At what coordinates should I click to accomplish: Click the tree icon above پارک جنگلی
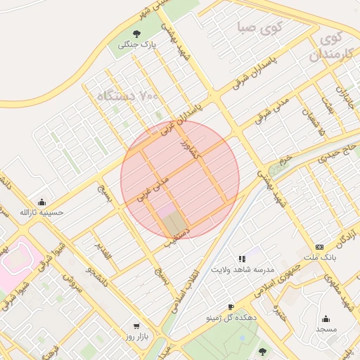tap(136, 34)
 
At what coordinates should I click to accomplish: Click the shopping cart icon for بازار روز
tap(136, 326)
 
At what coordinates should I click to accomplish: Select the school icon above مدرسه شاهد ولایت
tap(243, 259)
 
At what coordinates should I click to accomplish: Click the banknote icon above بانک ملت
tap(320, 247)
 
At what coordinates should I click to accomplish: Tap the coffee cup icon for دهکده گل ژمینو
tap(231, 307)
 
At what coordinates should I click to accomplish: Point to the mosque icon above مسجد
tap(326, 319)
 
